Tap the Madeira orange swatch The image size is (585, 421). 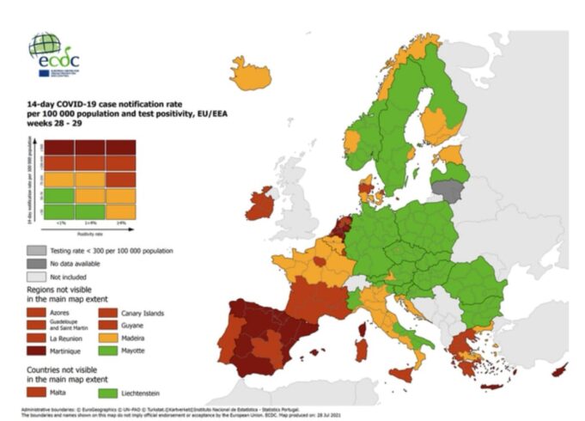pos(114,339)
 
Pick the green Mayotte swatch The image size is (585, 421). pos(114,351)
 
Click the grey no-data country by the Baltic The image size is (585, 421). pos(448,189)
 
